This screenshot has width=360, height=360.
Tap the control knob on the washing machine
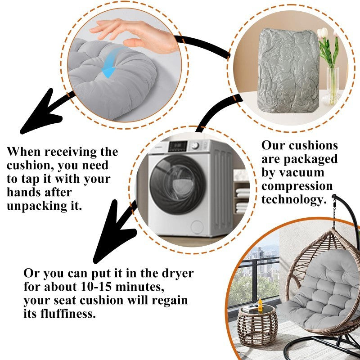click(x=195, y=146)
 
